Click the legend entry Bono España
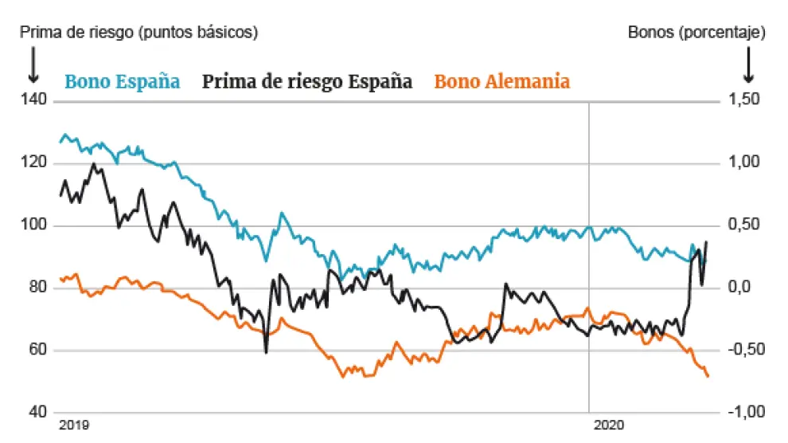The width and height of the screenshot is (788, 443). [122, 81]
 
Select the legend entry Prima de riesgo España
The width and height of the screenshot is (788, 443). [307, 81]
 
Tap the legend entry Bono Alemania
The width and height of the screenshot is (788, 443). [502, 81]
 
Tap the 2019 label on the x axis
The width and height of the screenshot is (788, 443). [74, 425]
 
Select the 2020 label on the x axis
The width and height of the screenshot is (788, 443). [610, 425]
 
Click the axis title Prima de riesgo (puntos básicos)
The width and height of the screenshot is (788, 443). [139, 33]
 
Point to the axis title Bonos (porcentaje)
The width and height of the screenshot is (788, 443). [696, 33]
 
